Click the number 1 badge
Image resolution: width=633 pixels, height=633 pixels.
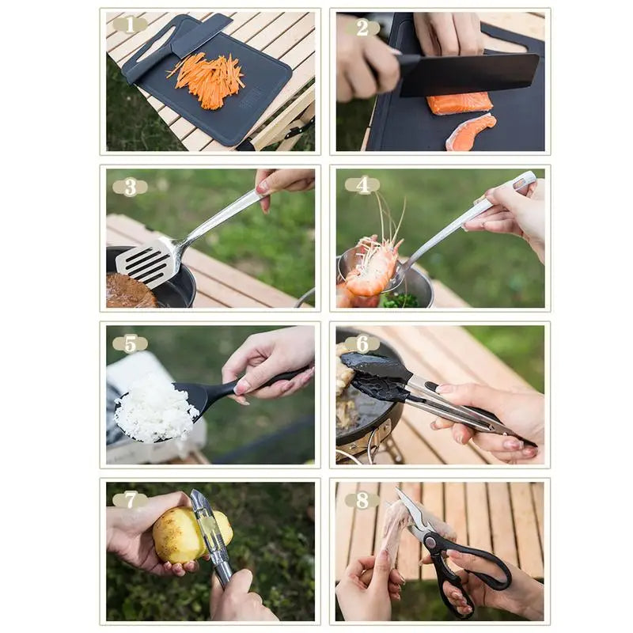tap(129, 25)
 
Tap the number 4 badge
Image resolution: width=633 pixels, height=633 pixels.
tap(362, 185)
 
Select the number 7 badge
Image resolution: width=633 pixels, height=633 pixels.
tap(129, 500)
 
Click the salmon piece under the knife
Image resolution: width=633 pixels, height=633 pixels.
tap(460, 104)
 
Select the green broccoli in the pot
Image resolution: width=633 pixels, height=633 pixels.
tap(400, 301)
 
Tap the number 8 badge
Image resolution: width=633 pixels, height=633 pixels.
tap(362, 500)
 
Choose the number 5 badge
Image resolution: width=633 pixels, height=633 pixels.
tap(129, 343)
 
